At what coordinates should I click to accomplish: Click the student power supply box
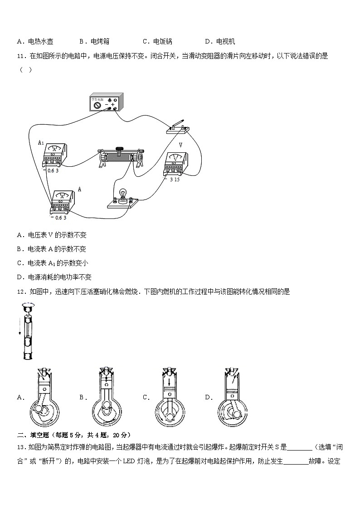(106, 102)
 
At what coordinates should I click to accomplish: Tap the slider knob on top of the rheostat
(120, 148)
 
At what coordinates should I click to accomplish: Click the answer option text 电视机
(225, 42)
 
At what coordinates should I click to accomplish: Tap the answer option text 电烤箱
(100, 42)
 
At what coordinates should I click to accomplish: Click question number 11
(21, 56)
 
